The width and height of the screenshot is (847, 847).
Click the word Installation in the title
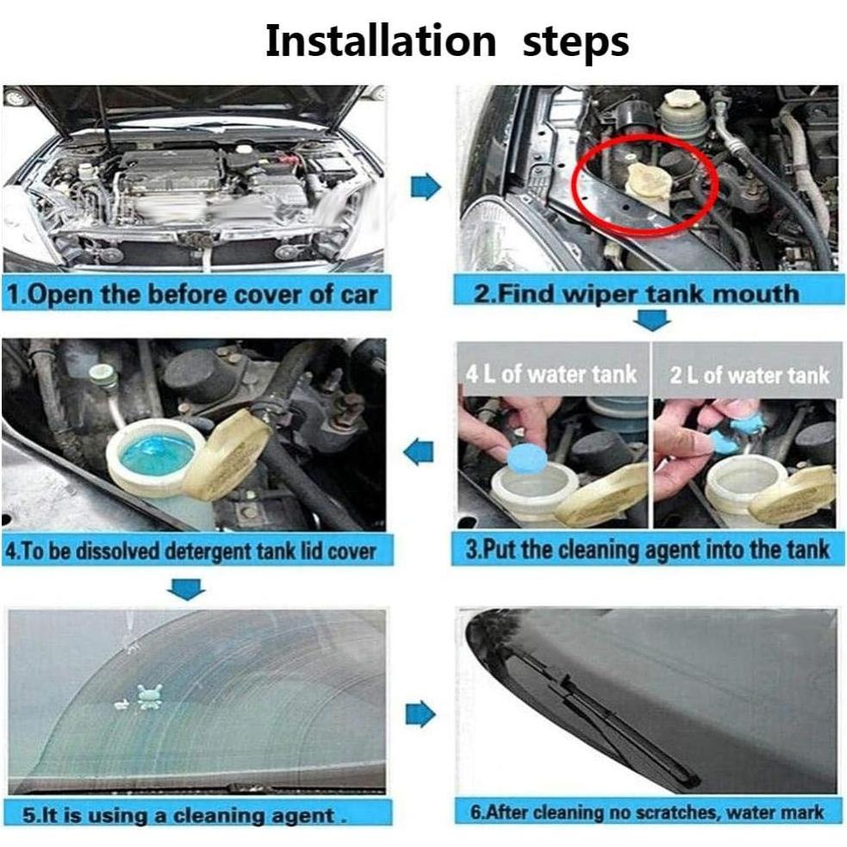[x=381, y=41]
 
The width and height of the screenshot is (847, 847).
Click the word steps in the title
[x=576, y=43]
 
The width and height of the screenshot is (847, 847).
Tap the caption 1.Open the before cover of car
[x=192, y=295]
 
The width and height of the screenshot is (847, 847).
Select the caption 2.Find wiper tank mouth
[x=636, y=293]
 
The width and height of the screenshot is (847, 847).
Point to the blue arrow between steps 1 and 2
[x=426, y=186]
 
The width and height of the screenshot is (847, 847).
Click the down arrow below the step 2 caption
[x=652, y=320]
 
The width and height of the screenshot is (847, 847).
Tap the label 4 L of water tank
[x=551, y=374]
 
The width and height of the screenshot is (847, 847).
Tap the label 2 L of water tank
[x=750, y=375]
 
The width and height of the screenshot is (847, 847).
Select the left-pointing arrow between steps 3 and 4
[x=419, y=452]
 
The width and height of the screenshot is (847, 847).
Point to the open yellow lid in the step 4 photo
[x=227, y=455]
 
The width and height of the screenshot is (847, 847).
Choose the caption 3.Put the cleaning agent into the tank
[x=647, y=550]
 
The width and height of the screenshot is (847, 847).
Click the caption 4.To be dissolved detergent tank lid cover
[x=190, y=551]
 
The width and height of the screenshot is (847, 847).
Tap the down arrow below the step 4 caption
[x=186, y=589]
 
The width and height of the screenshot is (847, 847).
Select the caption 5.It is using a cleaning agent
[x=184, y=814]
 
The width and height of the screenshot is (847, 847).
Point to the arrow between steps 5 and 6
[x=420, y=714]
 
